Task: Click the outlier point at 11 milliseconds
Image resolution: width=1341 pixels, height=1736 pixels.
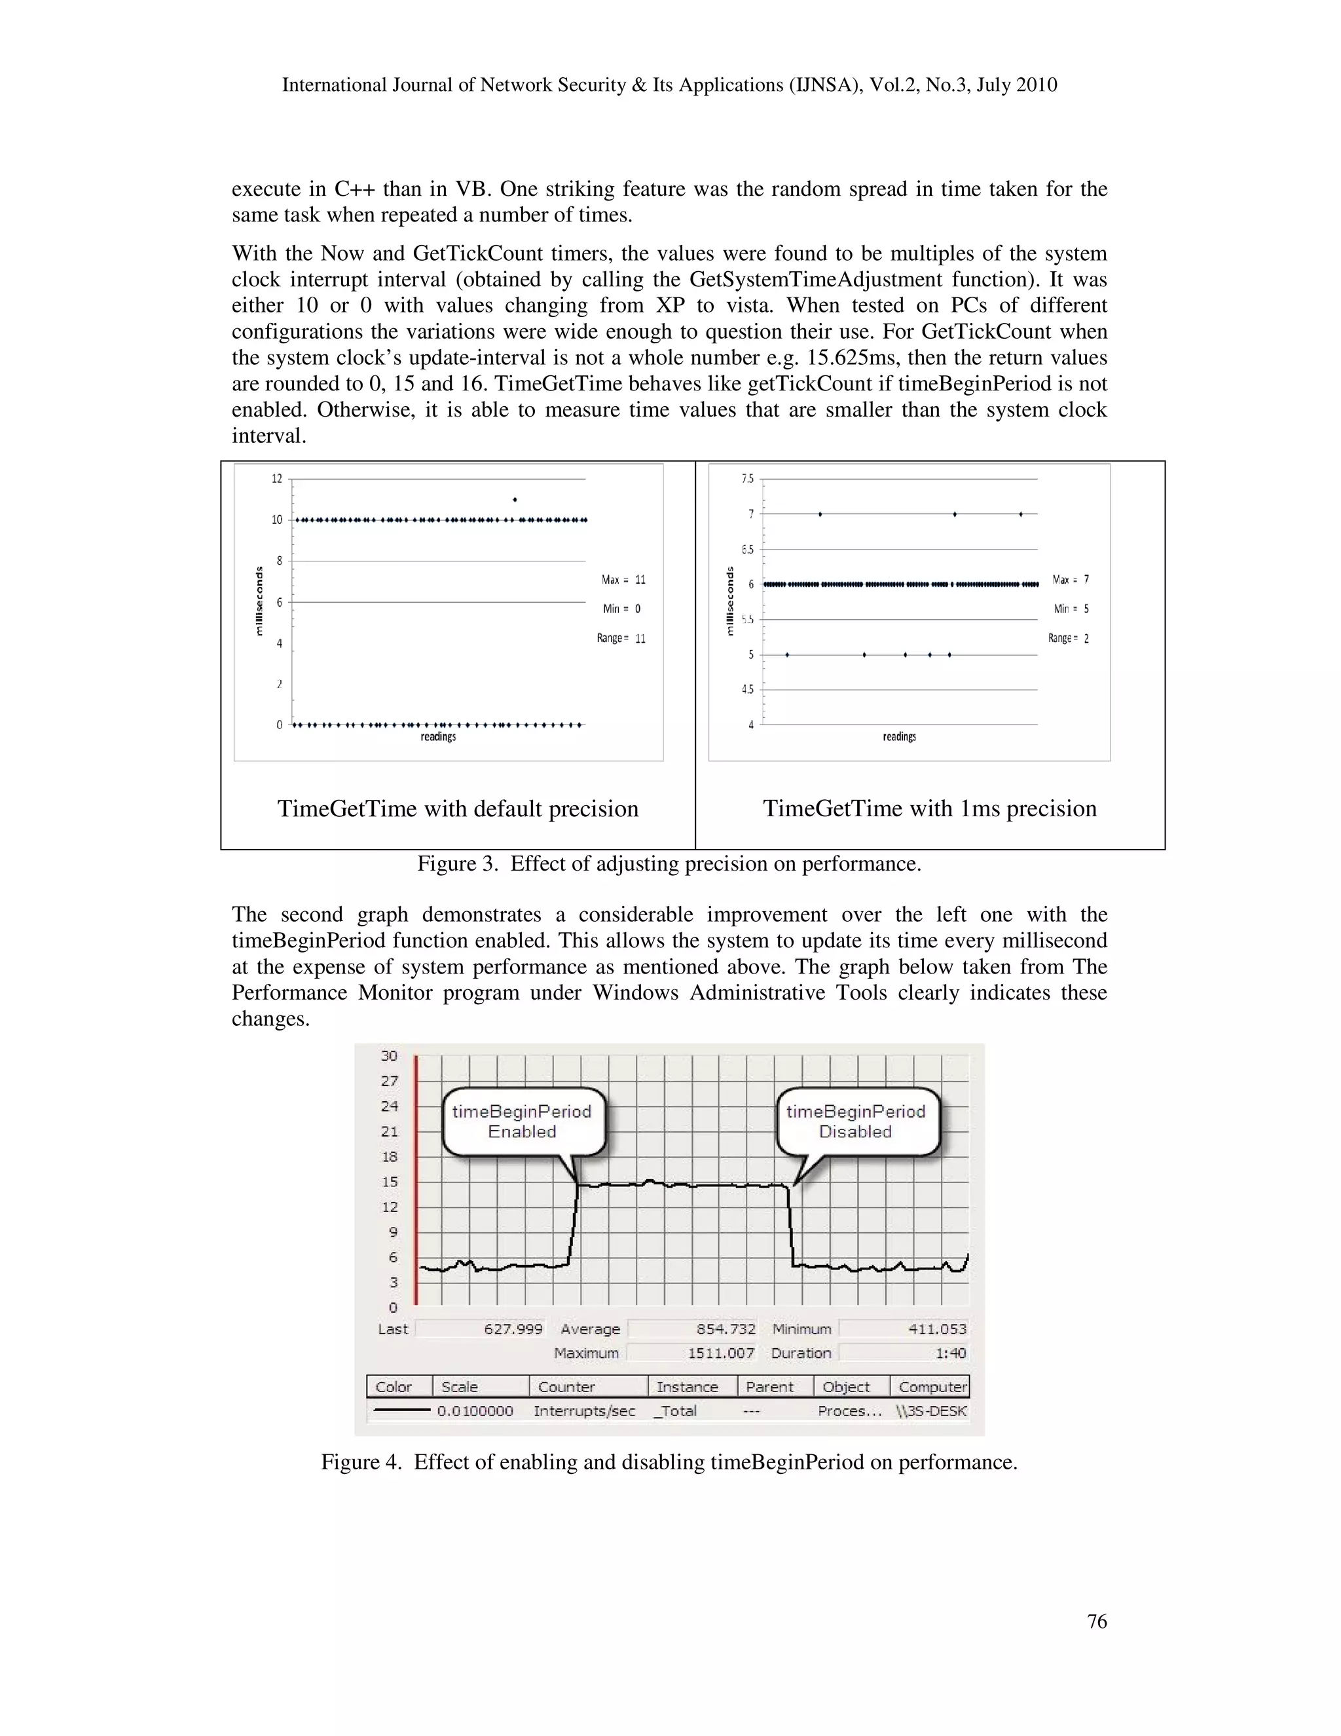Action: click(x=515, y=500)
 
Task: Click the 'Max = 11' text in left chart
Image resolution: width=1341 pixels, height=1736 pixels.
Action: click(x=623, y=580)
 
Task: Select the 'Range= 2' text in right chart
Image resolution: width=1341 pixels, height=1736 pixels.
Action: click(x=1068, y=638)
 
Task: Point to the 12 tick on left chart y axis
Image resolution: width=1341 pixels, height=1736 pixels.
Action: click(x=276, y=478)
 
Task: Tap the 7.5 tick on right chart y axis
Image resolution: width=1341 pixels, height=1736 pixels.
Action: click(x=748, y=478)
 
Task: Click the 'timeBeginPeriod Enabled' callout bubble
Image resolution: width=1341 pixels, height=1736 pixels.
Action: click(x=522, y=1122)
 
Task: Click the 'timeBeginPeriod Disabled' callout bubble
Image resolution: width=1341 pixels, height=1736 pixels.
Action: click(x=856, y=1122)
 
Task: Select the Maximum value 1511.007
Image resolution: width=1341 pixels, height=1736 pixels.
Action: click(x=720, y=1353)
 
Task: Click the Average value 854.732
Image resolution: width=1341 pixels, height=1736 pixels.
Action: click(x=726, y=1329)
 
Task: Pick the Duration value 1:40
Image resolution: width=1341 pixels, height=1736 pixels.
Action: click(x=950, y=1353)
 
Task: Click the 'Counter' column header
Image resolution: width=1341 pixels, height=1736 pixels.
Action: click(x=566, y=1387)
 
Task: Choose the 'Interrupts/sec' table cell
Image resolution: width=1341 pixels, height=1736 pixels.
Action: click(x=584, y=1411)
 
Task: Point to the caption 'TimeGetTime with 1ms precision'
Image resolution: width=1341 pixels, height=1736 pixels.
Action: click(x=930, y=808)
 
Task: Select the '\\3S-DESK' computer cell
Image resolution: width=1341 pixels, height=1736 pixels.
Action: click(x=931, y=1411)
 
